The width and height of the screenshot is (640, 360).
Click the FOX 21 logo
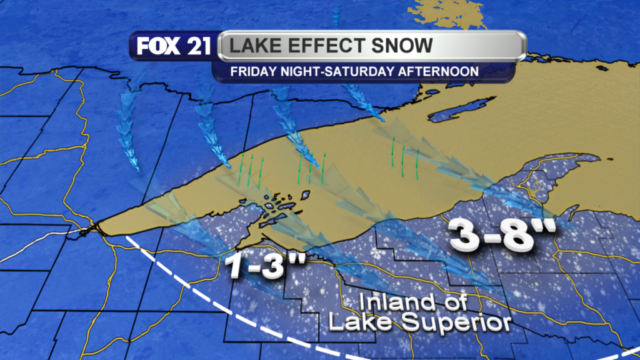pyautogui.click(x=174, y=47)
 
